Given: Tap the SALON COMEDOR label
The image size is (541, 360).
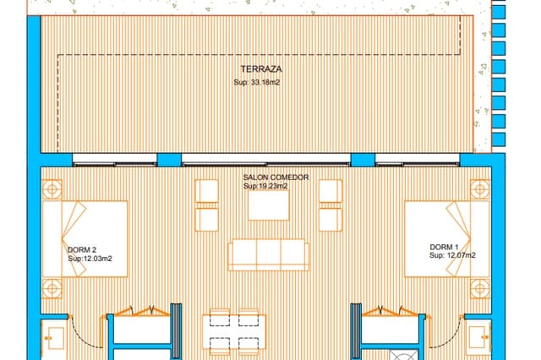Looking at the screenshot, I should click(265, 177).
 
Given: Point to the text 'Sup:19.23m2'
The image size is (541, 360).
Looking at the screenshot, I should click(265, 185).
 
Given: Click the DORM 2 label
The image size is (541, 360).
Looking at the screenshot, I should click(81, 250).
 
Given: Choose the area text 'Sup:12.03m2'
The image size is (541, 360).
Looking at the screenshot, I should click(90, 259).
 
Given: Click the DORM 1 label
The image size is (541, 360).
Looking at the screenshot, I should click(444, 246).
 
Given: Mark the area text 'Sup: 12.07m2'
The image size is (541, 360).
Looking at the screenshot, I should click(452, 254).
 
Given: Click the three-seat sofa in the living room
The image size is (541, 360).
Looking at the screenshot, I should click(269, 254).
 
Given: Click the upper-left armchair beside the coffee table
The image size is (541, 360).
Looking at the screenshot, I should click(207, 192).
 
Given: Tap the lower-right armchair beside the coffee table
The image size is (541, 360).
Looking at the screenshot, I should click(331, 219).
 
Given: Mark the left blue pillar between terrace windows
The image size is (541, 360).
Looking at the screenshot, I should click(169, 160).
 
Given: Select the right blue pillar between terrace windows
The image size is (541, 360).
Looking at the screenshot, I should click(363, 160).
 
